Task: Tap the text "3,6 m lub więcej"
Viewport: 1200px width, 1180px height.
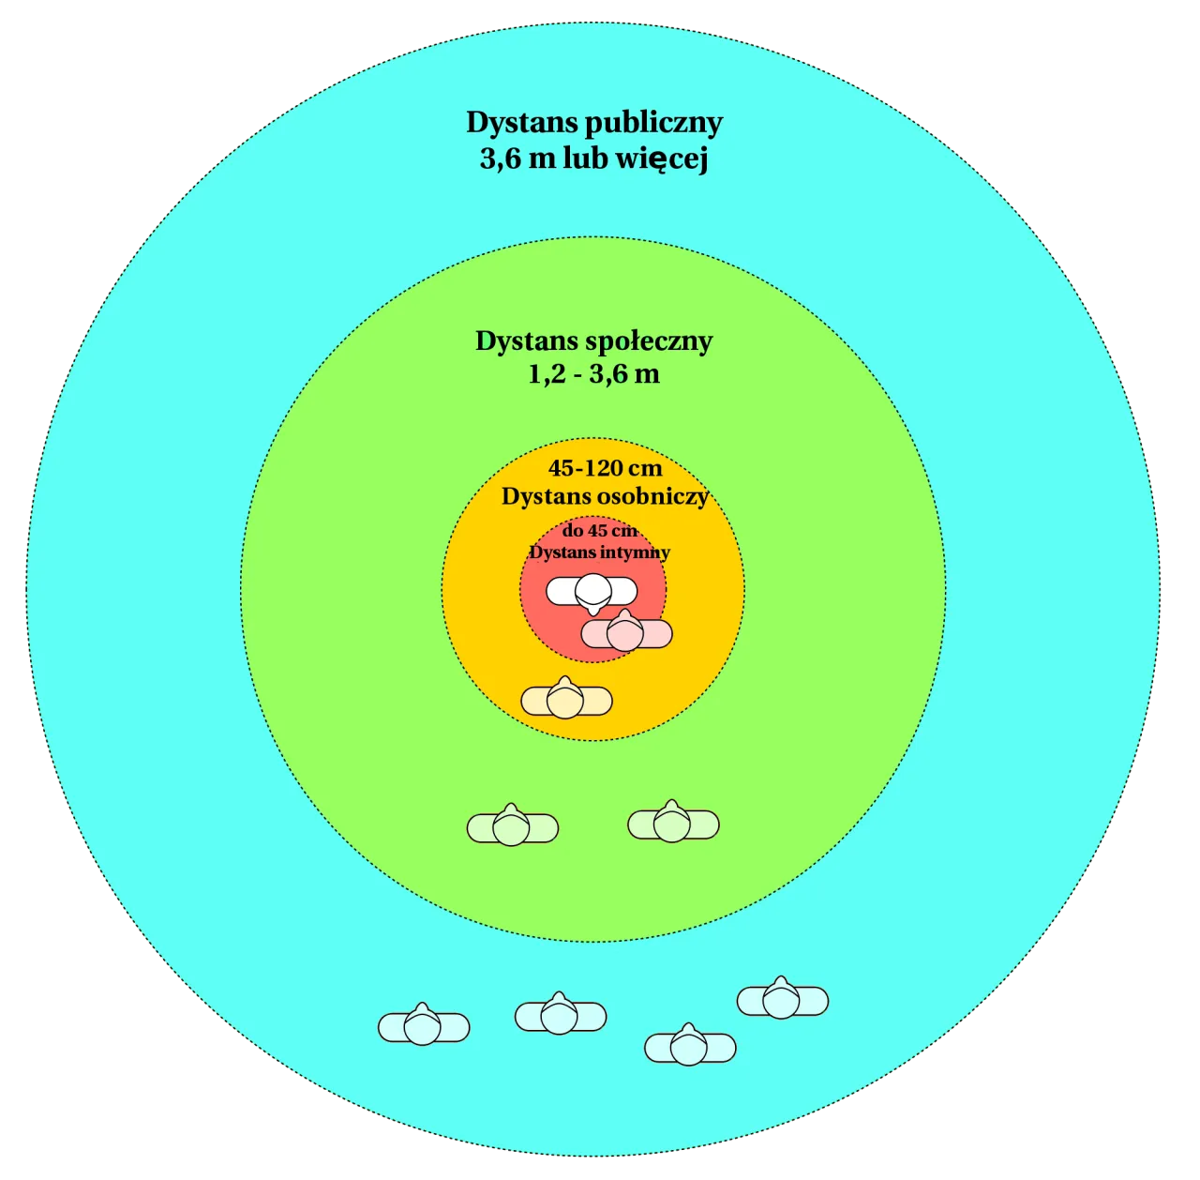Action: (x=594, y=159)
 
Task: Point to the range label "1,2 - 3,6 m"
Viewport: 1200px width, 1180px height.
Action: (x=594, y=374)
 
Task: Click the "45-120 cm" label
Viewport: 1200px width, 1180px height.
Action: (x=605, y=468)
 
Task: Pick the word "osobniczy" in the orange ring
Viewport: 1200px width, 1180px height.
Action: (x=653, y=496)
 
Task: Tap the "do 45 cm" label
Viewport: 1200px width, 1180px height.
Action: (x=599, y=531)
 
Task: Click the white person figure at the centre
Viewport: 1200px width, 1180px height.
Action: (x=592, y=592)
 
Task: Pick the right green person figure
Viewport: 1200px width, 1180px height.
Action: (x=673, y=824)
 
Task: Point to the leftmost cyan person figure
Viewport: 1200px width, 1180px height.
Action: (x=424, y=1027)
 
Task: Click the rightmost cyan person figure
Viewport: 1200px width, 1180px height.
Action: (x=782, y=1001)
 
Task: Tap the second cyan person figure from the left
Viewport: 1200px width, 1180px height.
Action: (x=560, y=1015)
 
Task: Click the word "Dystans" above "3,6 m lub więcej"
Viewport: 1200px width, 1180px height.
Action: (x=522, y=124)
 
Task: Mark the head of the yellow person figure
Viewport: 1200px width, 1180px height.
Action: (x=565, y=701)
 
